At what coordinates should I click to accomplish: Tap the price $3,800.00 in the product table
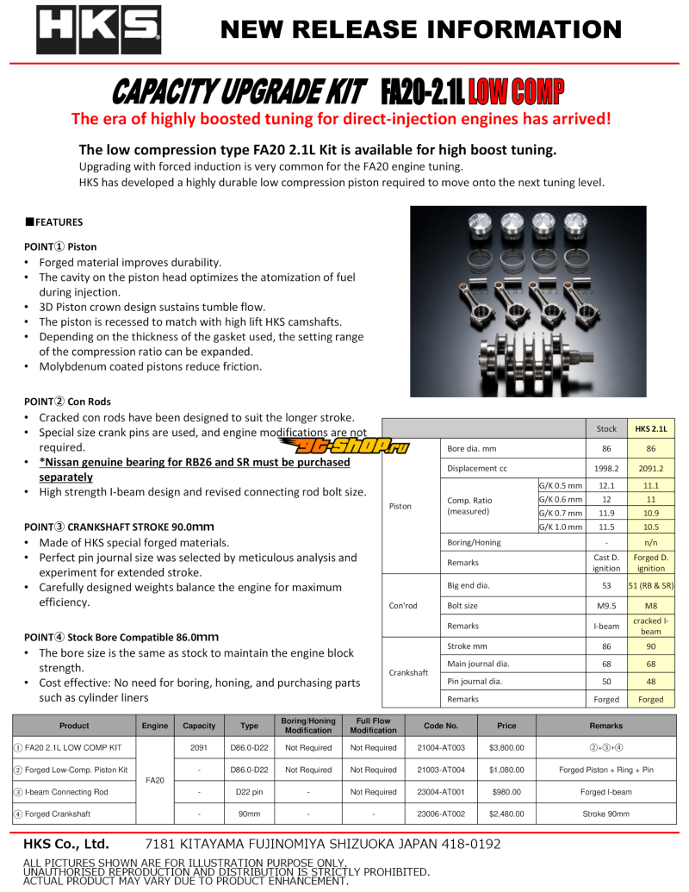tap(506, 747)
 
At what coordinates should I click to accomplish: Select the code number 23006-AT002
tap(440, 814)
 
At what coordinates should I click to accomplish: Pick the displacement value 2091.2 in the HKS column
tap(650, 469)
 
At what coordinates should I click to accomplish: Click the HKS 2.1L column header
tap(650, 428)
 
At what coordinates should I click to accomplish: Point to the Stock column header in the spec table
tap(606, 428)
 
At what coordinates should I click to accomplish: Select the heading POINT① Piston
tap(60, 246)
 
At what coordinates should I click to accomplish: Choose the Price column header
tap(506, 726)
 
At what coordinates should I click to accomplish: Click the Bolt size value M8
tap(650, 606)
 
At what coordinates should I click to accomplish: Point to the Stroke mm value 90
tap(650, 646)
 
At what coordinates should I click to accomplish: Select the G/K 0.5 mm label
tap(560, 485)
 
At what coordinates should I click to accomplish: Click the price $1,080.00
tap(506, 770)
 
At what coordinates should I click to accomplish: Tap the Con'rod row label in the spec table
tap(404, 605)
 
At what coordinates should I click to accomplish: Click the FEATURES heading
tap(57, 222)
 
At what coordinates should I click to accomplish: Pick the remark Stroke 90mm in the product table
tap(605, 814)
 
